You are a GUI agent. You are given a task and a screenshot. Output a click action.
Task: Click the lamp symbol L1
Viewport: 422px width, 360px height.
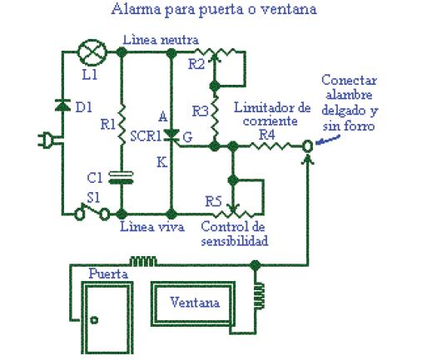tap(92, 52)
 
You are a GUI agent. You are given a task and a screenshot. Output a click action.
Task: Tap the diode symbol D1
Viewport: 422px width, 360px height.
tap(62, 106)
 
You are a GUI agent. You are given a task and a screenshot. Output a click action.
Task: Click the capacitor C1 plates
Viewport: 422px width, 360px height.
tap(121, 178)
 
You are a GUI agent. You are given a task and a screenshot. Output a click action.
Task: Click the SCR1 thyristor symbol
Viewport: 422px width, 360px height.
tap(171, 136)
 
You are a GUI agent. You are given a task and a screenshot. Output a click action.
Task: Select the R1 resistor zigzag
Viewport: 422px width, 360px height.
tap(122, 124)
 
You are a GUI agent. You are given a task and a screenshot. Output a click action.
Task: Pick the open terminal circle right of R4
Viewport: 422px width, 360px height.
tap(307, 145)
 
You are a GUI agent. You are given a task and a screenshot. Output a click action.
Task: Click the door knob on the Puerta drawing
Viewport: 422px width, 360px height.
tap(94, 320)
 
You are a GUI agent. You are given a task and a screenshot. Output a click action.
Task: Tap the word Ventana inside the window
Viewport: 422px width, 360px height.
tap(195, 302)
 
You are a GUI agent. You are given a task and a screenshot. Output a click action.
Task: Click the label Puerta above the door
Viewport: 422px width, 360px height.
tap(108, 274)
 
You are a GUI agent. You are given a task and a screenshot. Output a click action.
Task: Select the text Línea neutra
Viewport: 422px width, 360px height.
tap(161, 40)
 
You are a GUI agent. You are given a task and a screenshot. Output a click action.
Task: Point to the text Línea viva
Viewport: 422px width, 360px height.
tap(152, 226)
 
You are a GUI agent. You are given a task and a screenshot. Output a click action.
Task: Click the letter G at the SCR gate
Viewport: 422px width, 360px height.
tap(188, 137)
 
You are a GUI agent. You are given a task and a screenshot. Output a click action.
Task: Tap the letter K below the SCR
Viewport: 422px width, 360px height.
tap(162, 162)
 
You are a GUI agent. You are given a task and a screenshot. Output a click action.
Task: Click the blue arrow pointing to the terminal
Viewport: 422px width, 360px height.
tap(328, 140)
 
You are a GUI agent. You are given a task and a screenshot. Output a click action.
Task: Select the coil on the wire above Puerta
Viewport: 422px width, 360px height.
tap(143, 261)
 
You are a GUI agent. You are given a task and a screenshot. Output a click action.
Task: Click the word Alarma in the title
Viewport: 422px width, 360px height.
tap(137, 9)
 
